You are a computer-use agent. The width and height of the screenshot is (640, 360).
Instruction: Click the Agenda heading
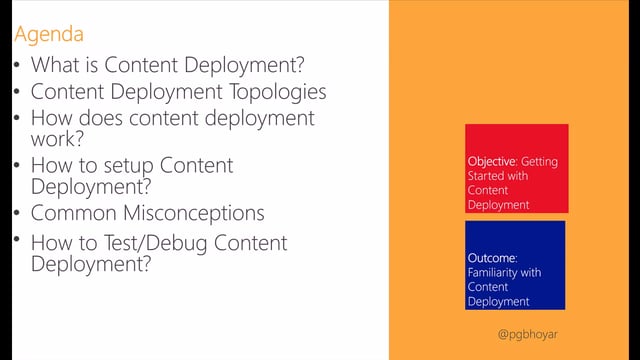click(x=49, y=35)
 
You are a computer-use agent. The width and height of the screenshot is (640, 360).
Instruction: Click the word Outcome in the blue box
click(x=489, y=258)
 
